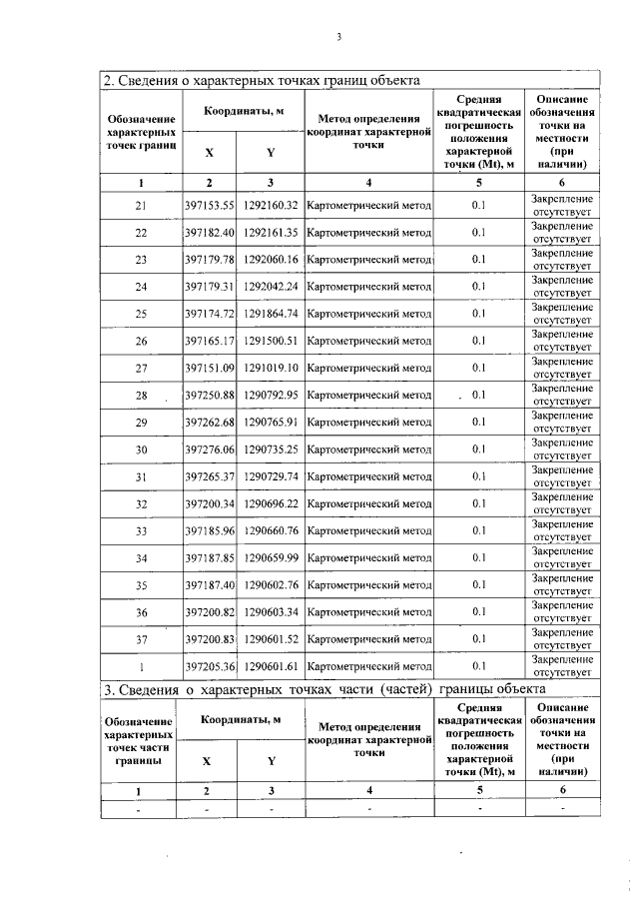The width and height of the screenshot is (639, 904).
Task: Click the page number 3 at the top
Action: [338, 38]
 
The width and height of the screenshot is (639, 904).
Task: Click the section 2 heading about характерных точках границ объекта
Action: [262, 80]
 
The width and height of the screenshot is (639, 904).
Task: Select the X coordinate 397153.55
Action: [209, 206]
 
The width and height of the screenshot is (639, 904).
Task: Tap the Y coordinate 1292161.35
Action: [271, 233]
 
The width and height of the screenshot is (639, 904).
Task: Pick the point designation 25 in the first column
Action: [141, 315]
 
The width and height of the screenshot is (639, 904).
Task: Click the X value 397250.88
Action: [209, 396]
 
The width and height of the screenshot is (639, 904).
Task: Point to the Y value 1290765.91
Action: [271, 423]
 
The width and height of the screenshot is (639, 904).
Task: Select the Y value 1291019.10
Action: [271, 369]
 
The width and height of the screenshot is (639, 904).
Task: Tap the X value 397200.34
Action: [209, 503]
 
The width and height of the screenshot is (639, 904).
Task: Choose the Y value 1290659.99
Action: [271, 557]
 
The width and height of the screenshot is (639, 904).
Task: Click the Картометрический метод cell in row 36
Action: [370, 611]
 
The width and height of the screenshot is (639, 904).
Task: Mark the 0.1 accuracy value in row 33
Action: [478, 530]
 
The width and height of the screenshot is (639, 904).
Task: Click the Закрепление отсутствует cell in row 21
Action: [562, 206]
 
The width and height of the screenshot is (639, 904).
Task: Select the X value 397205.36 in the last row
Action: [209, 666]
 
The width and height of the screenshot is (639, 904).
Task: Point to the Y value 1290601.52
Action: [271, 639]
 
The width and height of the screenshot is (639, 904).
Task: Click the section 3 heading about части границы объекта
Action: [325, 689]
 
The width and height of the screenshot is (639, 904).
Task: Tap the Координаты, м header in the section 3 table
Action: [240, 719]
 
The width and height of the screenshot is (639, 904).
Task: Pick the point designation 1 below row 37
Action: [141, 666]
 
